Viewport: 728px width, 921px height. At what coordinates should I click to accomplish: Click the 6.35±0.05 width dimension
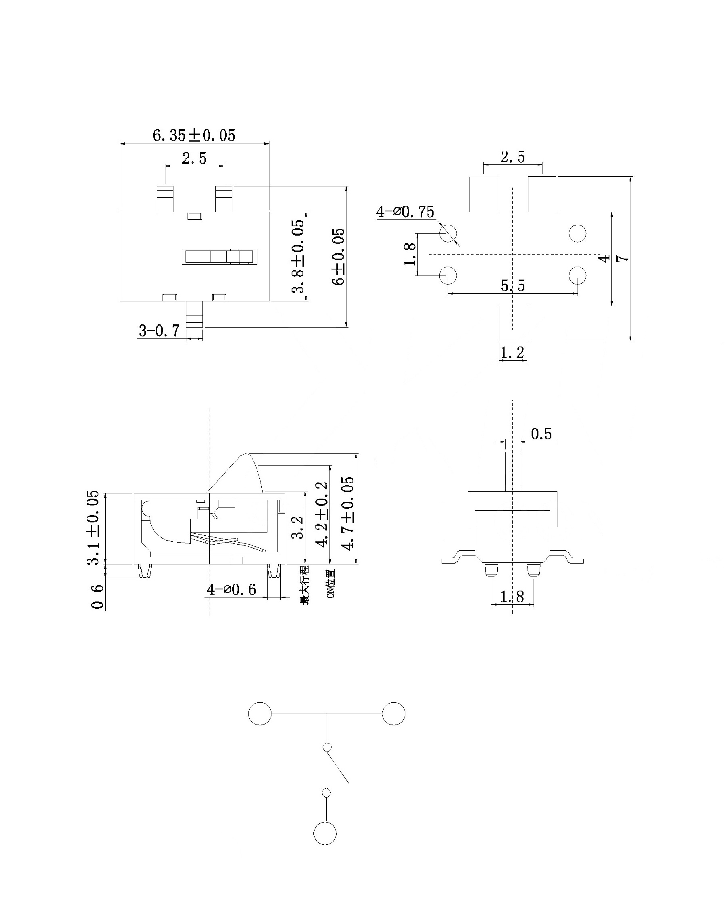click(x=194, y=135)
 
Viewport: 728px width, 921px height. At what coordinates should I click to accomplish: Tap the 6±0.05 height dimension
click(x=339, y=257)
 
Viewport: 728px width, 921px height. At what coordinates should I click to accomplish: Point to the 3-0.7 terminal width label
click(x=159, y=331)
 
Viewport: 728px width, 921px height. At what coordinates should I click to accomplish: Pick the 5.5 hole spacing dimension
click(x=513, y=286)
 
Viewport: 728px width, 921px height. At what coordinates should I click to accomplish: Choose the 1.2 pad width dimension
click(x=513, y=353)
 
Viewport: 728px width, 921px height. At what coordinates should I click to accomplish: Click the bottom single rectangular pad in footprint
click(x=513, y=323)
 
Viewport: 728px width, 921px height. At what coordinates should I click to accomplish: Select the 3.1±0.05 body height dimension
click(x=93, y=528)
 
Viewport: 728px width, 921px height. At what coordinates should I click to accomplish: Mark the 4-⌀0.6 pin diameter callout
click(x=232, y=590)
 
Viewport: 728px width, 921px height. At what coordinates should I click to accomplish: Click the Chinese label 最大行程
click(x=305, y=585)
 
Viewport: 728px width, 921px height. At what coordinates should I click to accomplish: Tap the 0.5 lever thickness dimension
click(x=541, y=434)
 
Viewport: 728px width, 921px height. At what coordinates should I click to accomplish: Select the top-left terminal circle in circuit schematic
click(x=260, y=713)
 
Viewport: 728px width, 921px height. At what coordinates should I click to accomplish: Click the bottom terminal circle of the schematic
click(x=325, y=833)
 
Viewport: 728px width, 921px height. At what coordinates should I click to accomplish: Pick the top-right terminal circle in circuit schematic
click(x=393, y=713)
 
